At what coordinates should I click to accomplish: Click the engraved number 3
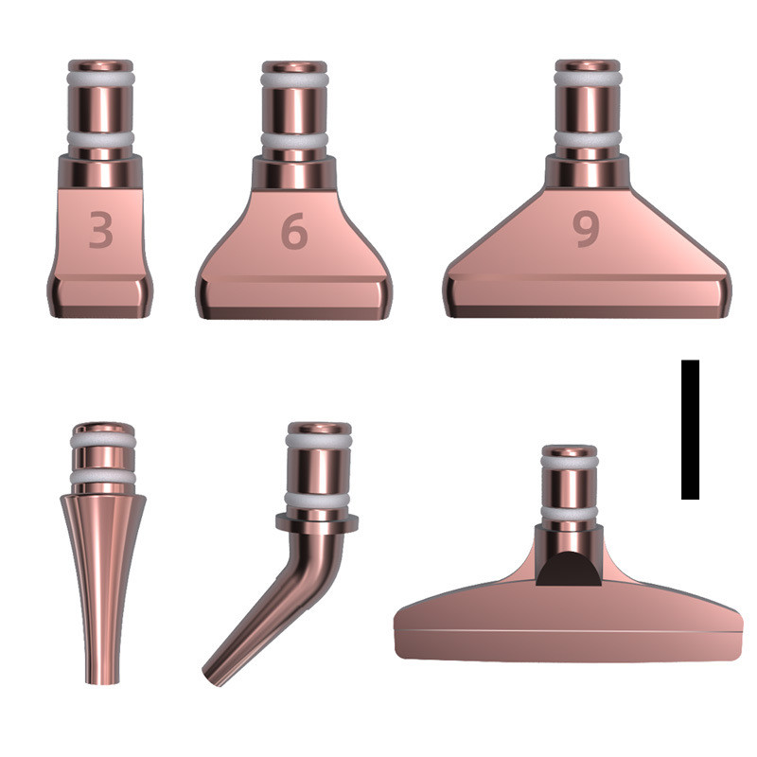pyautogui.click(x=101, y=229)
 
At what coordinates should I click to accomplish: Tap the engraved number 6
pyautogui.click(x=294, y=231)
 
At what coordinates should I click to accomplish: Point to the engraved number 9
pyautogui.click(x=587, y=229)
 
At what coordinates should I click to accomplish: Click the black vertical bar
pyautogui.click(x=690, y=430)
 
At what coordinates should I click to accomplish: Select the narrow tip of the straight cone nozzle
pyautogui.click(x=101, y=680)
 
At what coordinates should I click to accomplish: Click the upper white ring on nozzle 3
pyautogui.click(x=101, y=79)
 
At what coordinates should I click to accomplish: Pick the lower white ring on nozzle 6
pyautogui.click(x=294, y=140)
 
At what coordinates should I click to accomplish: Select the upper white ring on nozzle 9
pyautogui.click(x=588, y=79)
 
